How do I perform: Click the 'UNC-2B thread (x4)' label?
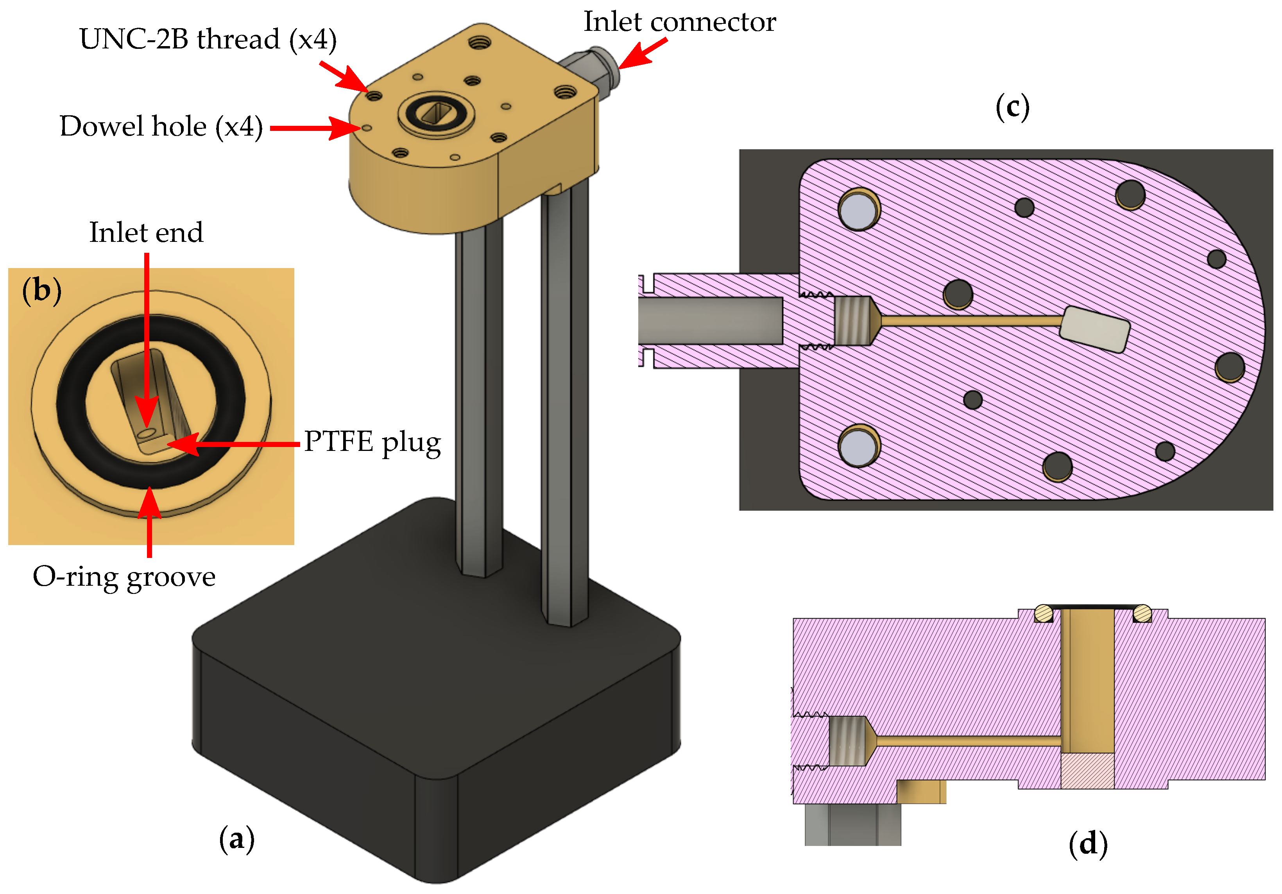click(208, 39)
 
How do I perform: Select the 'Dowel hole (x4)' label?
click(161, 127)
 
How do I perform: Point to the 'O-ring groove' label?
click(124, 576)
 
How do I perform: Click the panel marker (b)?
click(41, 290)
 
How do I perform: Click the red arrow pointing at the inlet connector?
click(642, 54)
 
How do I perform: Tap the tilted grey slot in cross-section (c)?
click(1094, 329)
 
